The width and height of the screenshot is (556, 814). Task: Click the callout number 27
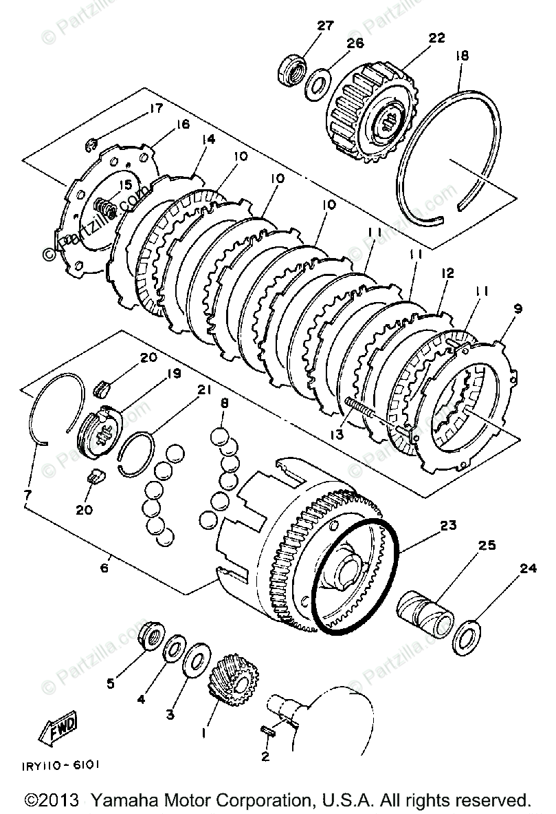325,26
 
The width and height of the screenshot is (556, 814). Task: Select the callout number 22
437,38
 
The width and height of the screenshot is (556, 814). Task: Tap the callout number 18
461,56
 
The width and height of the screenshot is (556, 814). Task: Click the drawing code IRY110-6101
67,764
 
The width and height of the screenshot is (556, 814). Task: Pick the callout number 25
488,546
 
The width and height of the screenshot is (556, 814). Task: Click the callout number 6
104,568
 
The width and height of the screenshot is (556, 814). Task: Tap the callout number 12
449,273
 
